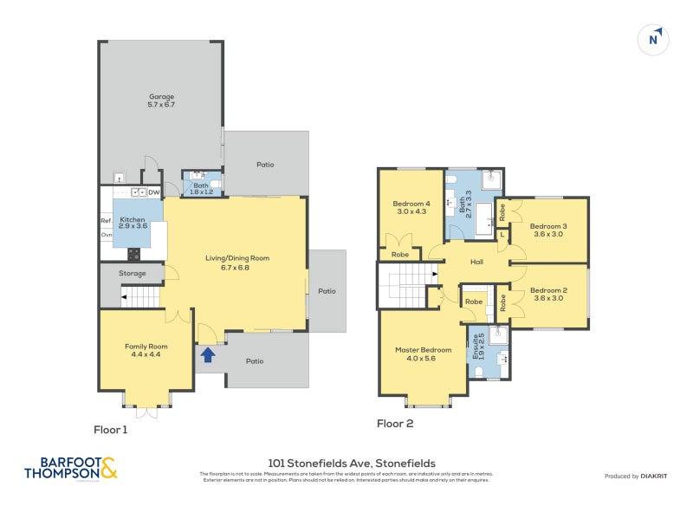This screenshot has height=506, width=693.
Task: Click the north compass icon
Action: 656,39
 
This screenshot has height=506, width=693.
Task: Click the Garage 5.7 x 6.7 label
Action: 161,101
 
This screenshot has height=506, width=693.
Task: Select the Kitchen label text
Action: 133,222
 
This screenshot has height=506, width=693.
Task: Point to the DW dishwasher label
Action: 153,192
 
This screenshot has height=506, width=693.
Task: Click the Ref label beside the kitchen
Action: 106,220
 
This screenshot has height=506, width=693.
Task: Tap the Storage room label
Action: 133,273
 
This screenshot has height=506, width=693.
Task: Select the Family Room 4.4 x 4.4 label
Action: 146,350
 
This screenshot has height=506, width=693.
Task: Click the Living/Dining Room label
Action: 237,262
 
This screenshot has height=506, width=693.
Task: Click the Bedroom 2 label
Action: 548,294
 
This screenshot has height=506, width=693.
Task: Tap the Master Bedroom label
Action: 423,354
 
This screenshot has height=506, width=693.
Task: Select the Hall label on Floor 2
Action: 476,263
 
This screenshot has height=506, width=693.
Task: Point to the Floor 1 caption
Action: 110,429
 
